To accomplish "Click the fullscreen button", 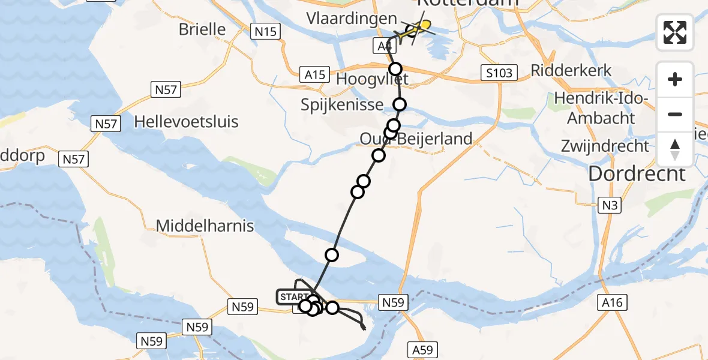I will (x=675, y=32).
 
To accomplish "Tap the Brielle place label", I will (x=202, y=29).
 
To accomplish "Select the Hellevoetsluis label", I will (x=186, y=122).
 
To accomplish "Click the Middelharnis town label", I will (x=205, y=226).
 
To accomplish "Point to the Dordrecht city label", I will (x=637, y=174).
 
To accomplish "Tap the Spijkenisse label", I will (x=343, y=105).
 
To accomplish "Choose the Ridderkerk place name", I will (x=571, y=70).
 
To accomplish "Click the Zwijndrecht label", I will (x=605, y=146).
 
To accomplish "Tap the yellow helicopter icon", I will (x=422, y=26).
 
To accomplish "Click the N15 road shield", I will (x=265, y=31).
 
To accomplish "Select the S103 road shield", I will (x=499, y=73).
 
